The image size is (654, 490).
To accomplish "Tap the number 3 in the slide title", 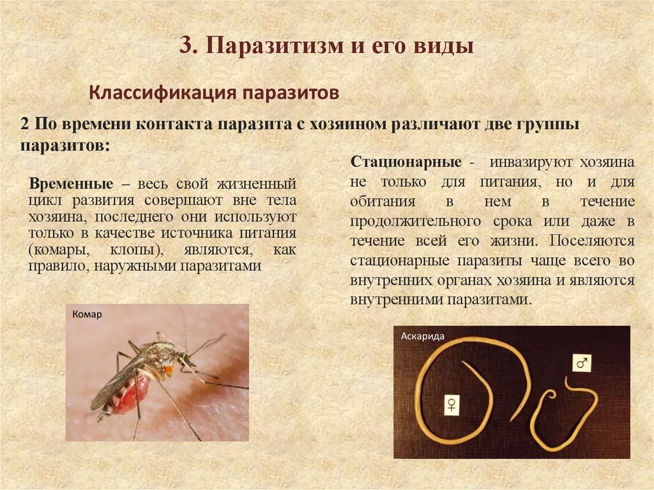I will point(185,47).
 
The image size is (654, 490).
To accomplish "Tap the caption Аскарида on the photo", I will point(422,336).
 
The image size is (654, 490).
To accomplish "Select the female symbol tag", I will point(452,404).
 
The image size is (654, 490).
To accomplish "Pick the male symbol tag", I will point(581,363).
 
